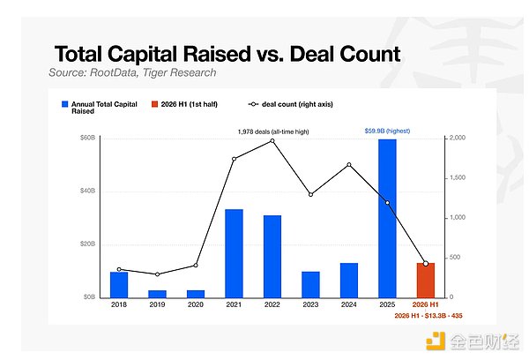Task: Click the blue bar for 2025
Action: [x=387, y=218]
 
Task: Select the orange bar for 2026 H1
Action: [x=426, y=281]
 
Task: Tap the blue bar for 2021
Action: [x=234, y=253]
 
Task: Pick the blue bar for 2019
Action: [x=157, y=294]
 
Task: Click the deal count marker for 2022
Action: [x=272, y=141]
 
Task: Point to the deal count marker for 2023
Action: [x=310, y=194]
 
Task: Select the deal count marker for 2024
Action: [x=349, y=165]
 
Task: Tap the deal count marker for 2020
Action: [x=196, y=265]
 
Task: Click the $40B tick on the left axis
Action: [x=87, y=191]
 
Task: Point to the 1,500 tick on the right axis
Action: [x=457, y=177]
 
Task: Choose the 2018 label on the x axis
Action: [x=119, y=304]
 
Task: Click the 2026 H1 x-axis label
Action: [x=426, y=304]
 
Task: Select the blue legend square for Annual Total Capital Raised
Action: [x=64, y=104]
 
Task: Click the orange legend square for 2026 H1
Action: [x=154, y=104]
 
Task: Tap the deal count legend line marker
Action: [x=253, y=104]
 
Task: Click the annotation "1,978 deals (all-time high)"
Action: [x=273, y=131]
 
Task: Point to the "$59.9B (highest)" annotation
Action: [x=387, y=131]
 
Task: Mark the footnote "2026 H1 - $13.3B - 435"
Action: [x=428, y=316]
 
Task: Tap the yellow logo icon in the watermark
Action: [x=436, y=341]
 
